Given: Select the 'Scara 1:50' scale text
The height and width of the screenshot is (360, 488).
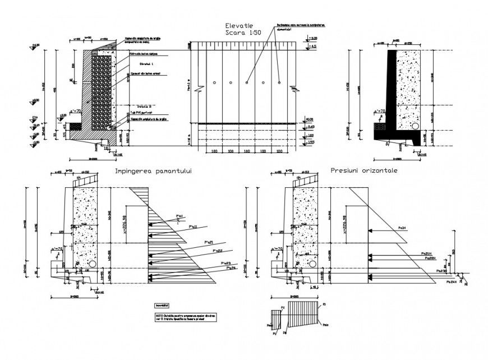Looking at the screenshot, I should (240, 33).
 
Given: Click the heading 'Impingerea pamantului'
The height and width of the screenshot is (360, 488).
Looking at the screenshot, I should (153, 172).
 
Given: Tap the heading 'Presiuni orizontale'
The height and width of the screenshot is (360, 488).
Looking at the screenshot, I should (364, 170).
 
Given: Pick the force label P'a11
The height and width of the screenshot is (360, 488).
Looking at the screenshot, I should (194, 227).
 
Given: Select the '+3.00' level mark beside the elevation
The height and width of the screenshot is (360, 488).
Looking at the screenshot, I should (314, 39).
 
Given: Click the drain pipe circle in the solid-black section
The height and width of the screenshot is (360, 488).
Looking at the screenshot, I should (416, 126).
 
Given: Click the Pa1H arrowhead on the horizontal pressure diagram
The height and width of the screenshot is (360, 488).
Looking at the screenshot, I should (371, 230).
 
